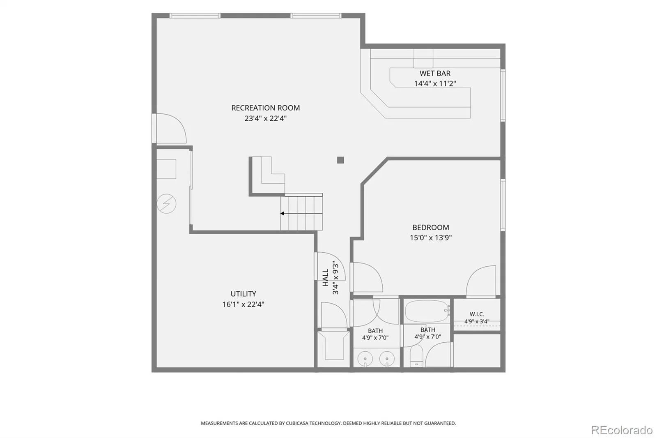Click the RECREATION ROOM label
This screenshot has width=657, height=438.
pyautogui.click(x=265, y=108)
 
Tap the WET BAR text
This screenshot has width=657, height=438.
pyautogui.click(x=435, y=74)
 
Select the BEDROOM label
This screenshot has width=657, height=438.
pyautogui.click(x=431, y=228)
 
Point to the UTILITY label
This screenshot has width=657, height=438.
pyautogui.click(x=243, y=294)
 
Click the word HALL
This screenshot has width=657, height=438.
pyautogui.click(x=325, y=277)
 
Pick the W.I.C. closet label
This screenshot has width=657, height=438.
pyautogui.click(x=477, y=314)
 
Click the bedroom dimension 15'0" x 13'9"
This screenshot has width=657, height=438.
pyautogui.click(x=431, y=237)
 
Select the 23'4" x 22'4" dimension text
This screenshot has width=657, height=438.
pyautogui.click(x=265, y=118)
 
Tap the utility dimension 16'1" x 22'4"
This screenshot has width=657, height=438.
pyautogui.click(x=243, y=304)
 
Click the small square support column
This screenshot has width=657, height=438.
pyautogui.click(x=340, y=160)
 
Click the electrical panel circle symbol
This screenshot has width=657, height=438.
pyautogui.click(x=166, y=203)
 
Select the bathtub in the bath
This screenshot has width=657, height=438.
pyautogui.click(x=427, y=311)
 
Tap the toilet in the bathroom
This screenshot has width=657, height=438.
pyautogui.click(x=416, y=356)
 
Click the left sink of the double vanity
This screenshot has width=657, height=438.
pyautogui.click(x=365, y=359)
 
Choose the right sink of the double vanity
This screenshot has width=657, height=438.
pyautogui.click(x=387, y=359)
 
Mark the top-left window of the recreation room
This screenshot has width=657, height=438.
pyautogui.click(x=195, y=16)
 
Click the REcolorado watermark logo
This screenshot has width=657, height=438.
pyautogui.click(x=622, y=430)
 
